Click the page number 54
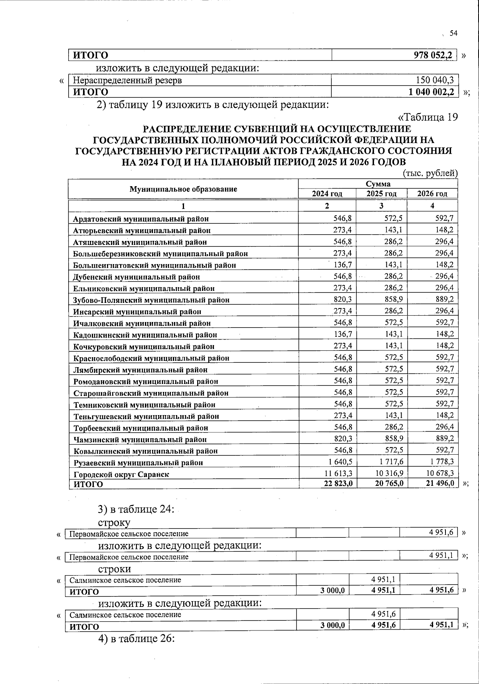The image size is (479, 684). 453,34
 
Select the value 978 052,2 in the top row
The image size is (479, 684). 433,56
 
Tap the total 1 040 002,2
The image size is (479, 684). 431,92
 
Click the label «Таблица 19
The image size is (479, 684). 428,117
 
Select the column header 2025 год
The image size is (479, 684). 382,194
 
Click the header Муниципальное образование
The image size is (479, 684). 183,189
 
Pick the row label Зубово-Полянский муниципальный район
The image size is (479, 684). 151,300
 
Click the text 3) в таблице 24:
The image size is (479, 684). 135,509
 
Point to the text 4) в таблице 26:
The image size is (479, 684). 136,639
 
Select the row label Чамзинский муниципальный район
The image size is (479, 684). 140,439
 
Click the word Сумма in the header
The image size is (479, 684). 378,184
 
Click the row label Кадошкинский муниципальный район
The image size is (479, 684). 145,335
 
